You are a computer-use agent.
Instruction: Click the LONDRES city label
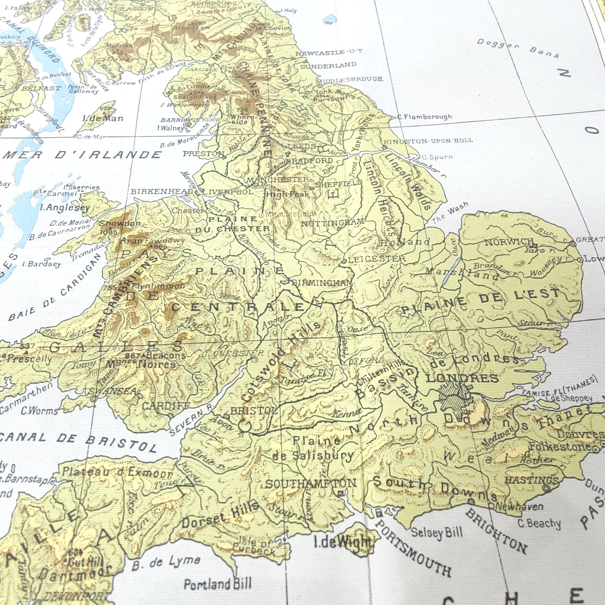462,378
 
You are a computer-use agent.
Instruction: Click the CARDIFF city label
166,406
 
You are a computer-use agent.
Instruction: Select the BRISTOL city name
254,411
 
